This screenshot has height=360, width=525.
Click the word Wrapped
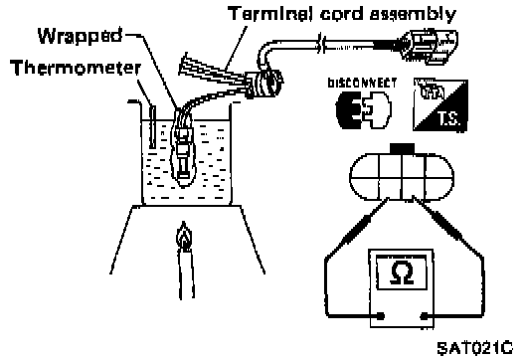80,36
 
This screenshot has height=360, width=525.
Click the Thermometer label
76,68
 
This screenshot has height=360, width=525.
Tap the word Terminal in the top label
271,14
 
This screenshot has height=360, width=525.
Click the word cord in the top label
342,14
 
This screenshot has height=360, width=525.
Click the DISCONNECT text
362,83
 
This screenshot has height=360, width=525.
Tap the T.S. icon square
439,104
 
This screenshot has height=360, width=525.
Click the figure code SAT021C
474,348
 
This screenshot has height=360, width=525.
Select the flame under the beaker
184,236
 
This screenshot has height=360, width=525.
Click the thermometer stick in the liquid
153,126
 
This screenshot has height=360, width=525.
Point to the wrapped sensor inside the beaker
183,150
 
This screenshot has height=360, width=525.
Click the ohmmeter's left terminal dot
381,316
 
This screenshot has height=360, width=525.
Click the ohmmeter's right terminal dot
424,316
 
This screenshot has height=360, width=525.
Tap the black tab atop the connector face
402,149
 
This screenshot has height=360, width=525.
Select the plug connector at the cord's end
430,46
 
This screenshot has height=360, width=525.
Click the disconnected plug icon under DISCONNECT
364,109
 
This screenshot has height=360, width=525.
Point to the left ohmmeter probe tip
388,200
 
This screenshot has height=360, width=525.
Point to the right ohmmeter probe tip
414,198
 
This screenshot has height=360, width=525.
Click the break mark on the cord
321,44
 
